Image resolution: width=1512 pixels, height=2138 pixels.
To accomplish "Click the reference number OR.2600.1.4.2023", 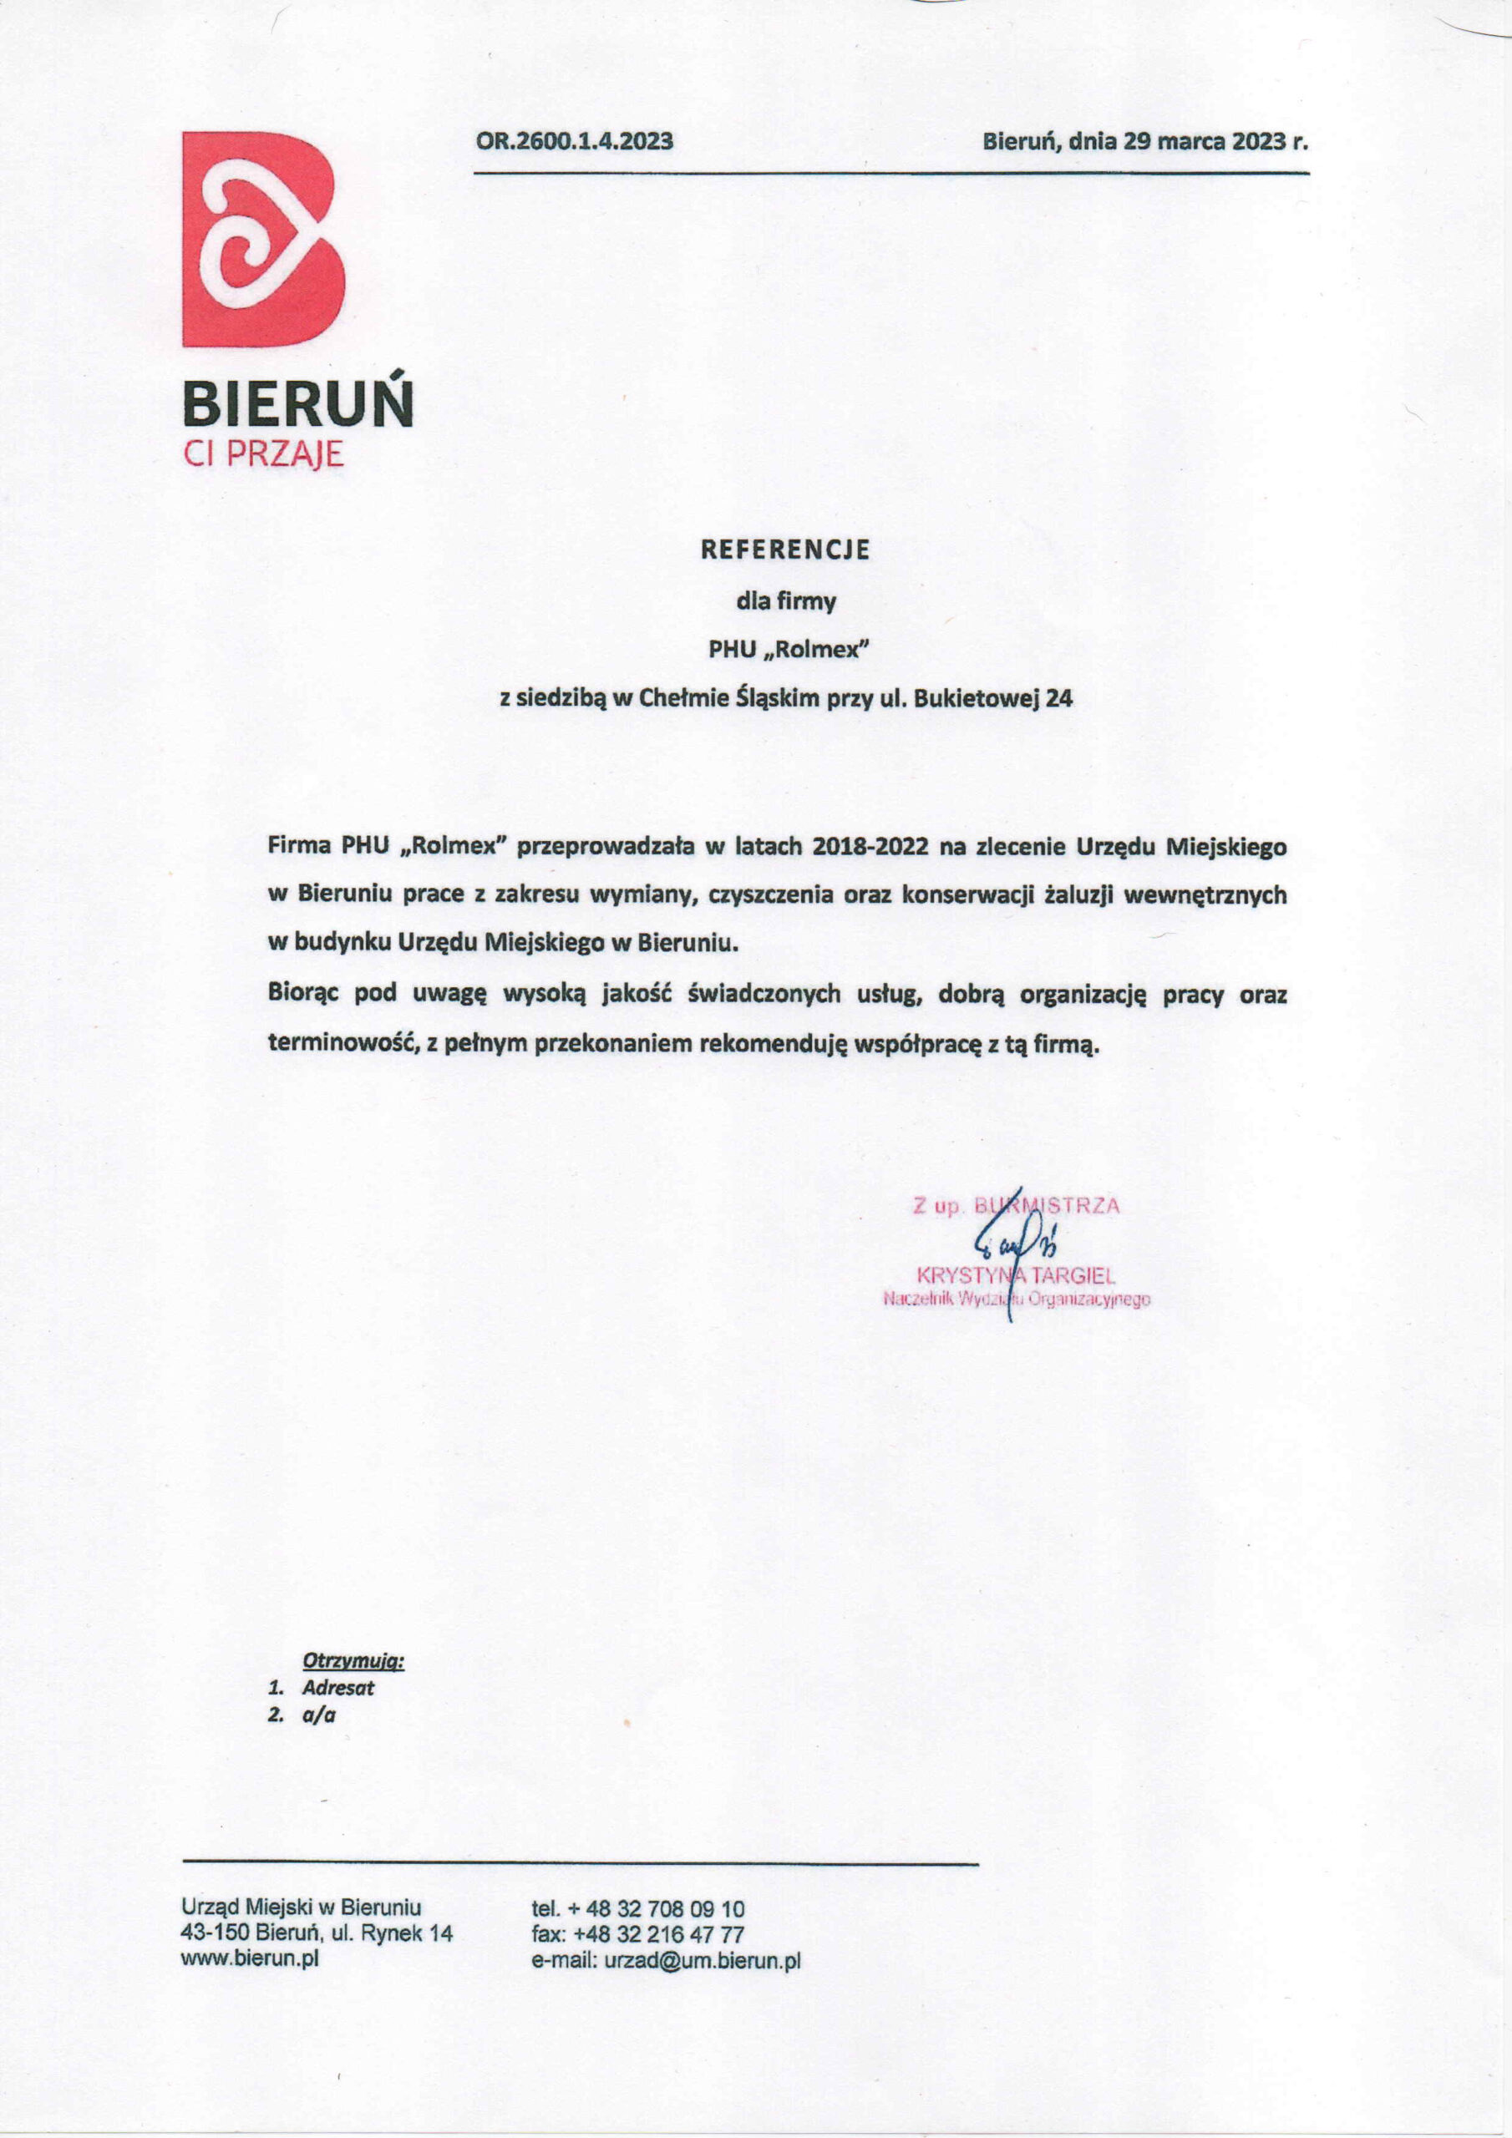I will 574,141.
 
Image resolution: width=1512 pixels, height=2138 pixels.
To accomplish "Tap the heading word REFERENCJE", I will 785,550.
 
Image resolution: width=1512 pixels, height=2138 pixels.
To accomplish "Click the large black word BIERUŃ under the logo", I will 297,405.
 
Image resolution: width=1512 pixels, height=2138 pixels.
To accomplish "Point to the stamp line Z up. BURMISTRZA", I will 1016,1206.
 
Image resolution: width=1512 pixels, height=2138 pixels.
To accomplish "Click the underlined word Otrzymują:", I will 353,1659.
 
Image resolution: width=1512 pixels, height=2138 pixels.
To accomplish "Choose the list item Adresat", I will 338,1687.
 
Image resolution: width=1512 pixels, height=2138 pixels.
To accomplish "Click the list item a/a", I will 318,1715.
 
